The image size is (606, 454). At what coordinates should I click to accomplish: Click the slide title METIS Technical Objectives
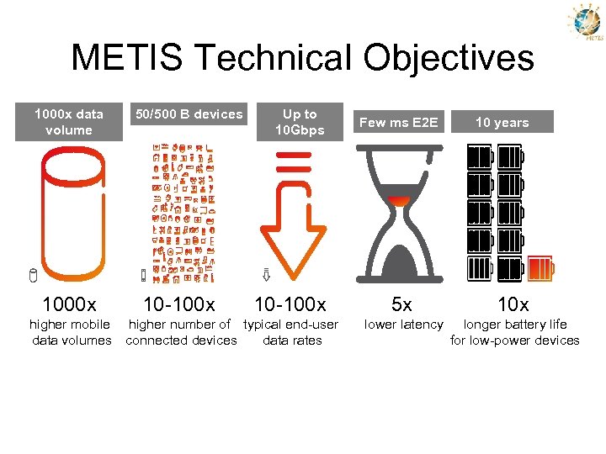tap(302, 58)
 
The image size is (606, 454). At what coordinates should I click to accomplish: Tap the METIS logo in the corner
tap(587, 23)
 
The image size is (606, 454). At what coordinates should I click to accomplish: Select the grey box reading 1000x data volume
tap(69, 122)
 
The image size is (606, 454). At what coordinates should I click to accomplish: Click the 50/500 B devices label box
tap(189, 114)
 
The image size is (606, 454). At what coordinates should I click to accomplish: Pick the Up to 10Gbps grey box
tap(300, 122)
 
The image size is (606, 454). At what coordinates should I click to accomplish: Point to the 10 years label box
tap(502, 122)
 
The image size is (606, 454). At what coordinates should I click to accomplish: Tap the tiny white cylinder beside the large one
tap(33, 275)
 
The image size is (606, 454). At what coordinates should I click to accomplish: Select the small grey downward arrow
tap(264, 274)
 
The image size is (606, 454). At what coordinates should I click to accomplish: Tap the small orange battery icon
tap(540, 269)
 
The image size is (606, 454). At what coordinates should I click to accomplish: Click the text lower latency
tap(403, 325)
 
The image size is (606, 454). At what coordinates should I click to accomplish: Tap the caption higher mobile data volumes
tap(71, 332)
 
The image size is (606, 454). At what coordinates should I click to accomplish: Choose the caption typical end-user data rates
tap(291, 332)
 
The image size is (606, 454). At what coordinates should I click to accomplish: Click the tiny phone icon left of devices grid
tap(143, 275)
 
